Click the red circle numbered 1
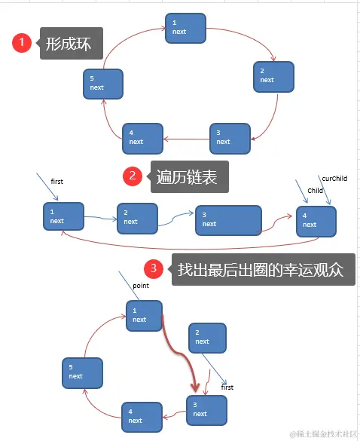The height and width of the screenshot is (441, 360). pos(23,44)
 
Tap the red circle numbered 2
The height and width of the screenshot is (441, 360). pos(133,176)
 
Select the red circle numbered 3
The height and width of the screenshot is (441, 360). pos(154,269)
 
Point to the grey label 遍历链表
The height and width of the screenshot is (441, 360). pos(188,177)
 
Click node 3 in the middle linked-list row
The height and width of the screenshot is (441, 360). pos(228,219)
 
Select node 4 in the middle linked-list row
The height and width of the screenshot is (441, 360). pos(316,220)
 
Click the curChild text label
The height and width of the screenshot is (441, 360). pos(334,179)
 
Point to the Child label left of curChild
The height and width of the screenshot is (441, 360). pos(315,191)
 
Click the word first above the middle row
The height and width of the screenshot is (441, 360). pos(57,182)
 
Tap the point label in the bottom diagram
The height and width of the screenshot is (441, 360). pos(141,286)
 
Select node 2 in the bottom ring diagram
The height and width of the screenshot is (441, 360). pos(206,337)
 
